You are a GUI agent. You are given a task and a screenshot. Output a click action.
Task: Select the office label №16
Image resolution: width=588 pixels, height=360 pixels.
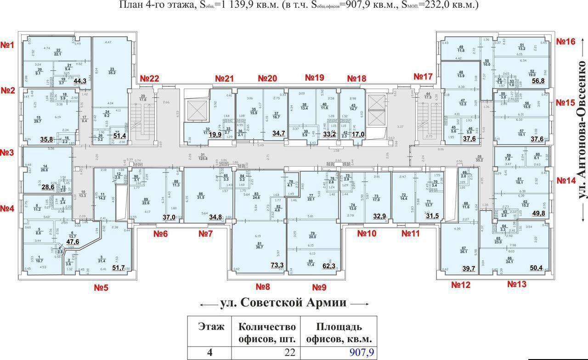[565, 41]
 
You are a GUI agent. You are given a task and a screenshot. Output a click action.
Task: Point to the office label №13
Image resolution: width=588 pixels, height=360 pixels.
[517, 284]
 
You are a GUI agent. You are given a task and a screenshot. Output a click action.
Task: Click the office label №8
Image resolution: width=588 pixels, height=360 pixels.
[262, 287]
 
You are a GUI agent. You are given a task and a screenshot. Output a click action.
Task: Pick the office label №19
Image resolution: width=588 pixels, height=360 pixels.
[314, 79]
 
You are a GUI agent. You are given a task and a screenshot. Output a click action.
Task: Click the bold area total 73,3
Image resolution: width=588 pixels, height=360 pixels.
[277, 265]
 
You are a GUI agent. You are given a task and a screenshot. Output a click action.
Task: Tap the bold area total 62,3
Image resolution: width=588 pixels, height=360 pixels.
[329, 265]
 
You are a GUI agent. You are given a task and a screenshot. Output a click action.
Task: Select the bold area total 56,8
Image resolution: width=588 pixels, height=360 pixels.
[538, 81]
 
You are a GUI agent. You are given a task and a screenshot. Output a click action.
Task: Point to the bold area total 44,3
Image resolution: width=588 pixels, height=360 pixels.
[80, 81]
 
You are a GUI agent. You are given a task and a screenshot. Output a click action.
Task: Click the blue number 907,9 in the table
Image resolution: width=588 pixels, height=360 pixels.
[362, 352]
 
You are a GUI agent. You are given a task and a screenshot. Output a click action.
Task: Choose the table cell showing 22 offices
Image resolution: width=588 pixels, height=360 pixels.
[266, 352]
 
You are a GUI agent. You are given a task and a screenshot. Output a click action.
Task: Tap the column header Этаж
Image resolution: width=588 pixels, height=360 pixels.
[211, 327]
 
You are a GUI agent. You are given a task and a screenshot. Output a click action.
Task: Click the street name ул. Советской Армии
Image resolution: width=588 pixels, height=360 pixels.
[283, 303]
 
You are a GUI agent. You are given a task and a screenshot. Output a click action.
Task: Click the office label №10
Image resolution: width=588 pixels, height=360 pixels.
[367, 234]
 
